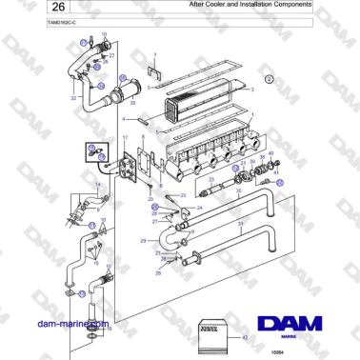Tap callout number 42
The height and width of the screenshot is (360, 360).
point(246,338)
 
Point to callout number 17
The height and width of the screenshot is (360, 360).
point(124,138)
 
